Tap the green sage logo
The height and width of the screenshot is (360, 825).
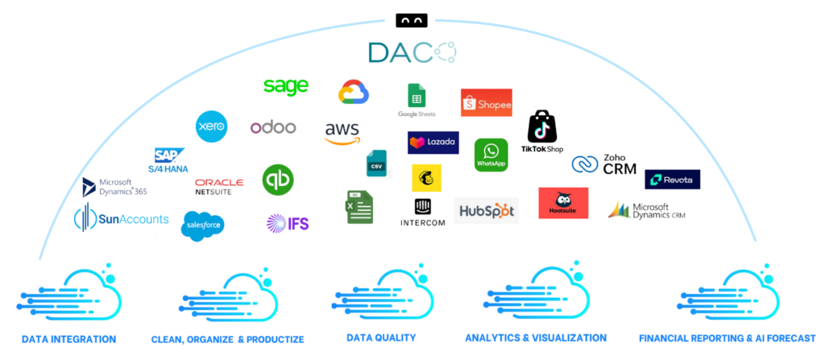[286, 87]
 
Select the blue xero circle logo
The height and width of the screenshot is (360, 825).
[212, 126]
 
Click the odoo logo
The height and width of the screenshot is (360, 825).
[273, 127]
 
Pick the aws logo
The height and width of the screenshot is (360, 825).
[342, 132]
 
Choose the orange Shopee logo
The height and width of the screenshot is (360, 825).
[486, 103]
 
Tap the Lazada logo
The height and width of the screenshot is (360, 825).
[433, 143]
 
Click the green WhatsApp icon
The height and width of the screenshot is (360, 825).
[491, 153]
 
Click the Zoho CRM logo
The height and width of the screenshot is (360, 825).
[604, 164]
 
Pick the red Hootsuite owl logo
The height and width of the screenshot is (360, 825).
[563, 203]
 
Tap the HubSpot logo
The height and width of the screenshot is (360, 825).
[487, 211]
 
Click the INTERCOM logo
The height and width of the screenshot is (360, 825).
[423, 213]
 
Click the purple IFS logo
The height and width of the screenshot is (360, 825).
[288, 222]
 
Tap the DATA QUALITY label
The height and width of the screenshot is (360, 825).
[380, 337]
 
